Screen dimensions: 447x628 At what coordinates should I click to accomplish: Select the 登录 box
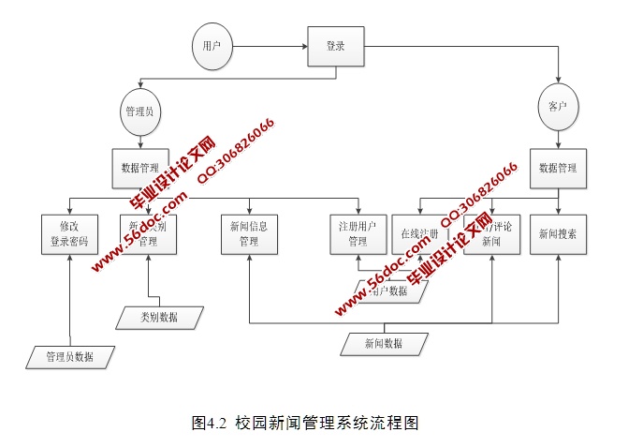click(335, 46)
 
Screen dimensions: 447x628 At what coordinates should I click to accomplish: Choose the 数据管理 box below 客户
click(558, 169)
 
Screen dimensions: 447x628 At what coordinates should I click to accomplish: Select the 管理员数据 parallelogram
click(70, 356)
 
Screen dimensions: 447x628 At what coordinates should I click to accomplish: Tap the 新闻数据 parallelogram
click(384, 344)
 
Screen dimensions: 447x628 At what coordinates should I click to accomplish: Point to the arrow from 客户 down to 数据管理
click(558, 138)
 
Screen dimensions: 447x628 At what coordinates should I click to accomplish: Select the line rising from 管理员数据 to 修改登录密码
click(71, 300)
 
